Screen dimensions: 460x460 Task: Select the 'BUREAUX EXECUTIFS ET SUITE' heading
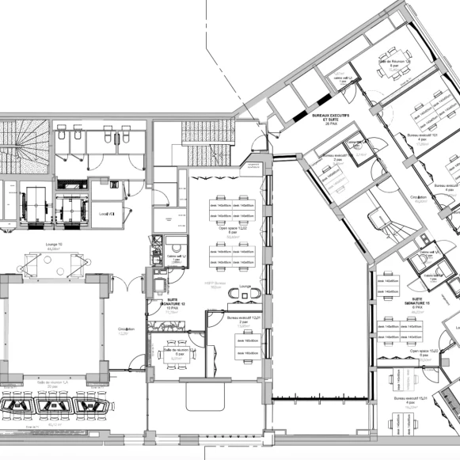coord(332,120)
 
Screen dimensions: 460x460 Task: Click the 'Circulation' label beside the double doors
coord(127,330)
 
